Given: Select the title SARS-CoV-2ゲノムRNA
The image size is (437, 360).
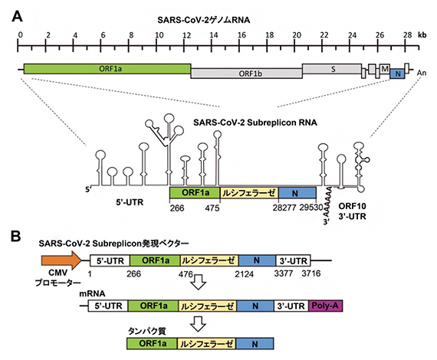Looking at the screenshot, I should [217, 17].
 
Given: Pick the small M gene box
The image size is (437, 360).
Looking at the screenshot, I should [386, 69].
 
